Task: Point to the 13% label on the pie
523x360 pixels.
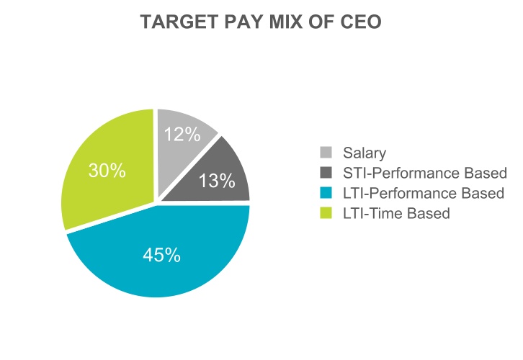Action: pyautogui.click(x=217, y=181)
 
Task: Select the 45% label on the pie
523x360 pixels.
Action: pyautogui.click(x=161, y=255)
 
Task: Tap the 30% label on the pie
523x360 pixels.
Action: pyautogui.click(x=107, y=171)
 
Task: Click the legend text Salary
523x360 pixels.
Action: pyautogui.click(x=365, y=153)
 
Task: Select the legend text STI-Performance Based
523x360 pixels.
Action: pyautogui.click(x=425, y=173)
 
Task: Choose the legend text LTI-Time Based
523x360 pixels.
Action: pyautogui.click(x=396, y=213)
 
